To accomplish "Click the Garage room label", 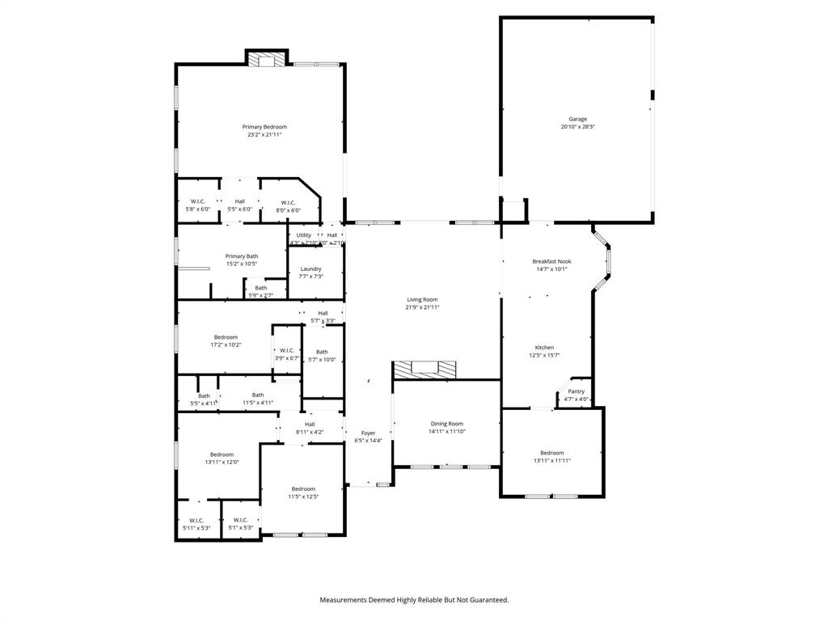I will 577,119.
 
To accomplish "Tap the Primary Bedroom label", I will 264,127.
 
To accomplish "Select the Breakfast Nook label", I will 549,261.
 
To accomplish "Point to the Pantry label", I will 576,391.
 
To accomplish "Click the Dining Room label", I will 446,424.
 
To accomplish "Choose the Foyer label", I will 368,433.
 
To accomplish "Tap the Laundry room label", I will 310,269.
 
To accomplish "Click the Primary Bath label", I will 242,256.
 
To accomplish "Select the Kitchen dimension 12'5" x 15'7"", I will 544,355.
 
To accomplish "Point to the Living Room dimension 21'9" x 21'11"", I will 422,307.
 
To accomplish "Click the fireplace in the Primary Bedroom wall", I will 266,59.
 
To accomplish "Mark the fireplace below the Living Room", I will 425,369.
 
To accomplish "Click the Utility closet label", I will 304,235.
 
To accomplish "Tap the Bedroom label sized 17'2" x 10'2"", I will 226,337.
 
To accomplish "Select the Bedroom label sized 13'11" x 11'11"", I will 552,453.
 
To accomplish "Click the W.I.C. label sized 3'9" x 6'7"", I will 286,350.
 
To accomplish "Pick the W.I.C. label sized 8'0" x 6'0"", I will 288,202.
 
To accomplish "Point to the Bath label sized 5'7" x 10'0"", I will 322,352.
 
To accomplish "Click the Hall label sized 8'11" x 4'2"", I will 310,425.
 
